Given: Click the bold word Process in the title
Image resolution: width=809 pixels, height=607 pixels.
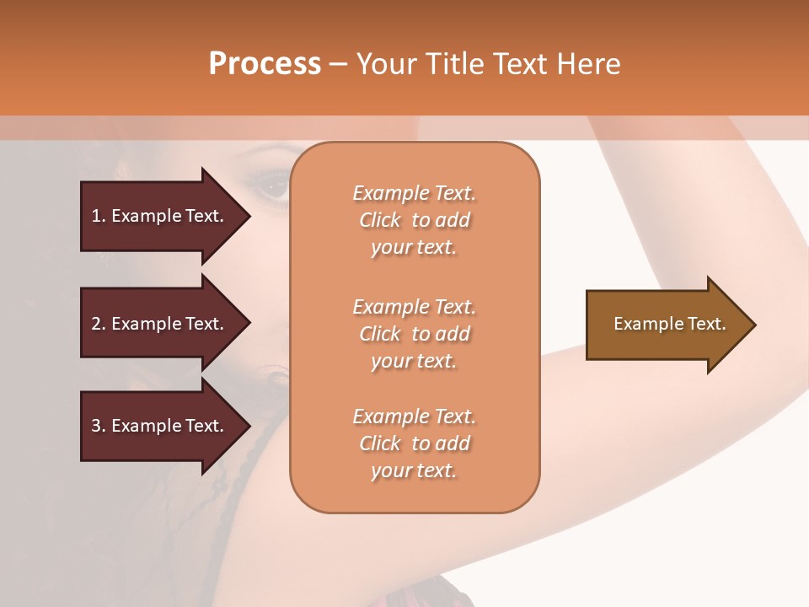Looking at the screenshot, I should click(265, 64).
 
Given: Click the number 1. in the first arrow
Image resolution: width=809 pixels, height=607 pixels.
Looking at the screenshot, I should click(98, 216).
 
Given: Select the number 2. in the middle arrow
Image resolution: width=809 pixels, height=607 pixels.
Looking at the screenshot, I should click(98, 324).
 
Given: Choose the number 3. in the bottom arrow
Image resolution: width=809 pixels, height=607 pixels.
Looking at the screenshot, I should click(98, 426).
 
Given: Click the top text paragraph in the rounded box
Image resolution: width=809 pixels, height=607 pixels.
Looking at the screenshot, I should click(414, 220).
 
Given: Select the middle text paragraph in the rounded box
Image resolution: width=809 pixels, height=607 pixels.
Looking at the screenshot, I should click(414, 333).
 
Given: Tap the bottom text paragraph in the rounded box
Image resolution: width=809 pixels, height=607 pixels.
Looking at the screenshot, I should click(414, 443).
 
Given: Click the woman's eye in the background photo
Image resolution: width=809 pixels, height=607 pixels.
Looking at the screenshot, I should click(271, 181).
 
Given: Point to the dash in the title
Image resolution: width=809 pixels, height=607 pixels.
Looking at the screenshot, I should click(338, 64).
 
